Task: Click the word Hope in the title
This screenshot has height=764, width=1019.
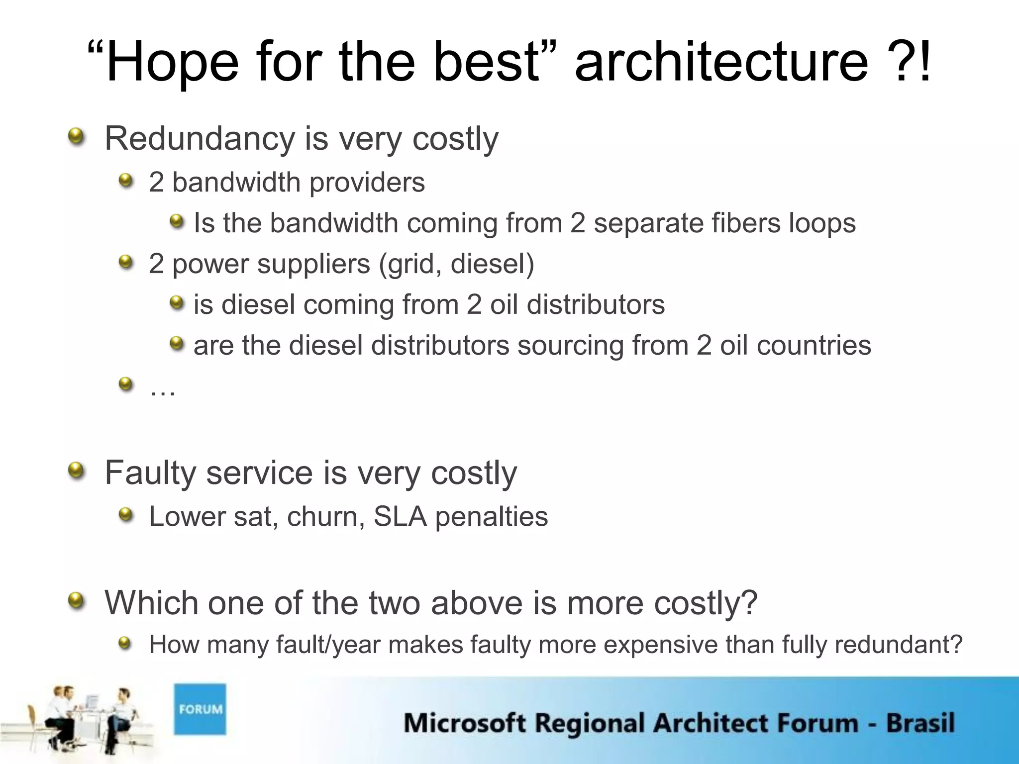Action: point(172,64)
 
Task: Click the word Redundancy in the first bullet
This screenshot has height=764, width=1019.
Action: point(200,139)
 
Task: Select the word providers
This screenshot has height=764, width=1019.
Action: point(367,183)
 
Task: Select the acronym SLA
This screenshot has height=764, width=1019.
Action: point(400,516)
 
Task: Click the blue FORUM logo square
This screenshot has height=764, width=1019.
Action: point(200,709)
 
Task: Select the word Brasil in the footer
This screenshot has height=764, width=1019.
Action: point(920,723)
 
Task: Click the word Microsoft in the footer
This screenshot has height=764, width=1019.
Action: point(464,723)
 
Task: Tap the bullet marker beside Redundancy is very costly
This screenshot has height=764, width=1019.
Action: point(76,135)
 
